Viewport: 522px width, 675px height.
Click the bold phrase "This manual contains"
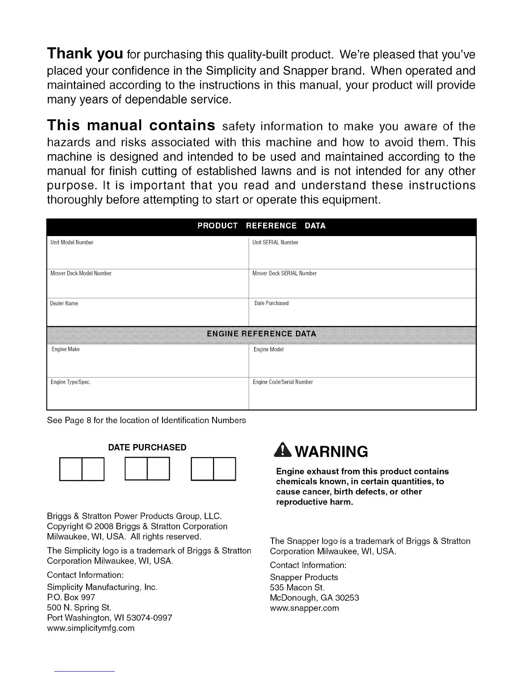click(x=130, y=126)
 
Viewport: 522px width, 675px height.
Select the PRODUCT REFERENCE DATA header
click(x=261, y=226)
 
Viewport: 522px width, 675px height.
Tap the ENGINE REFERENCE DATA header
click(x=261, y=334)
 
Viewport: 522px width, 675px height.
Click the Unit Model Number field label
click(x=72, y=242)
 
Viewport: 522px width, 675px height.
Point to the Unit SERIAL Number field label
click(x=275, y=242)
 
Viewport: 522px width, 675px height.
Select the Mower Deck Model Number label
click(x=81, y=273)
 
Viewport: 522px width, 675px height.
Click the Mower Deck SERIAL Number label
click(x=284, y=273)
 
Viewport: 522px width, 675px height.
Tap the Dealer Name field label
click(x=64, y=303)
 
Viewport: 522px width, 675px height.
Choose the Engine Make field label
click(x=66, y=349)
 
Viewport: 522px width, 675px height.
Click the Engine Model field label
click(x=268, y=349)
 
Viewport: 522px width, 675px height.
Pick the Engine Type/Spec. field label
click(x=70, y=382)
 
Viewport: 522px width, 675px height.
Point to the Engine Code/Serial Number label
click(x=283, y=382)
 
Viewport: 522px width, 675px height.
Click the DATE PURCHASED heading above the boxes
click(x=147, y=447)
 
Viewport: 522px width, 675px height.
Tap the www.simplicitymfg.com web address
click(x=90, y=628)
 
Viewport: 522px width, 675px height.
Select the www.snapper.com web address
click(x=304, y=608)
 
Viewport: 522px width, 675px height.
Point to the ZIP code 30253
click(x=348, y=598)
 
